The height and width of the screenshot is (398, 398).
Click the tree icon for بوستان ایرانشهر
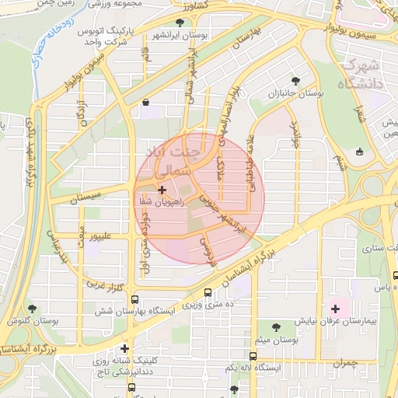pyautogui.click(x=180, y=23)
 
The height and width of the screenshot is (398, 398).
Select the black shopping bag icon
pyautogui.click(x=146, y=102)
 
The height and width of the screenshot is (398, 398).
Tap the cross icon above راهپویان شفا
pyautogui.click(x=161, y=189)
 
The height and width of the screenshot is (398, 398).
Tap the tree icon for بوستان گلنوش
pyautogui.click(x=32, y=308)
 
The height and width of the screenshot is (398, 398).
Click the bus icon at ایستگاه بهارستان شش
pyautogui.click(x=135, y=299)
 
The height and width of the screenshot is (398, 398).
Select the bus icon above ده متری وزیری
pyautogui.click(x=208, y=292)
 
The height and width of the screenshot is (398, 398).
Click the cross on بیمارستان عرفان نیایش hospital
pyautogui.click(x=335, y=309)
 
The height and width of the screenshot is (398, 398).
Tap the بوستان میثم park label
pyautogui.click(x=276, y=339)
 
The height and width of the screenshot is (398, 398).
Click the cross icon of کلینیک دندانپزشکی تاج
pyautogui.click(x=124, y=348)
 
